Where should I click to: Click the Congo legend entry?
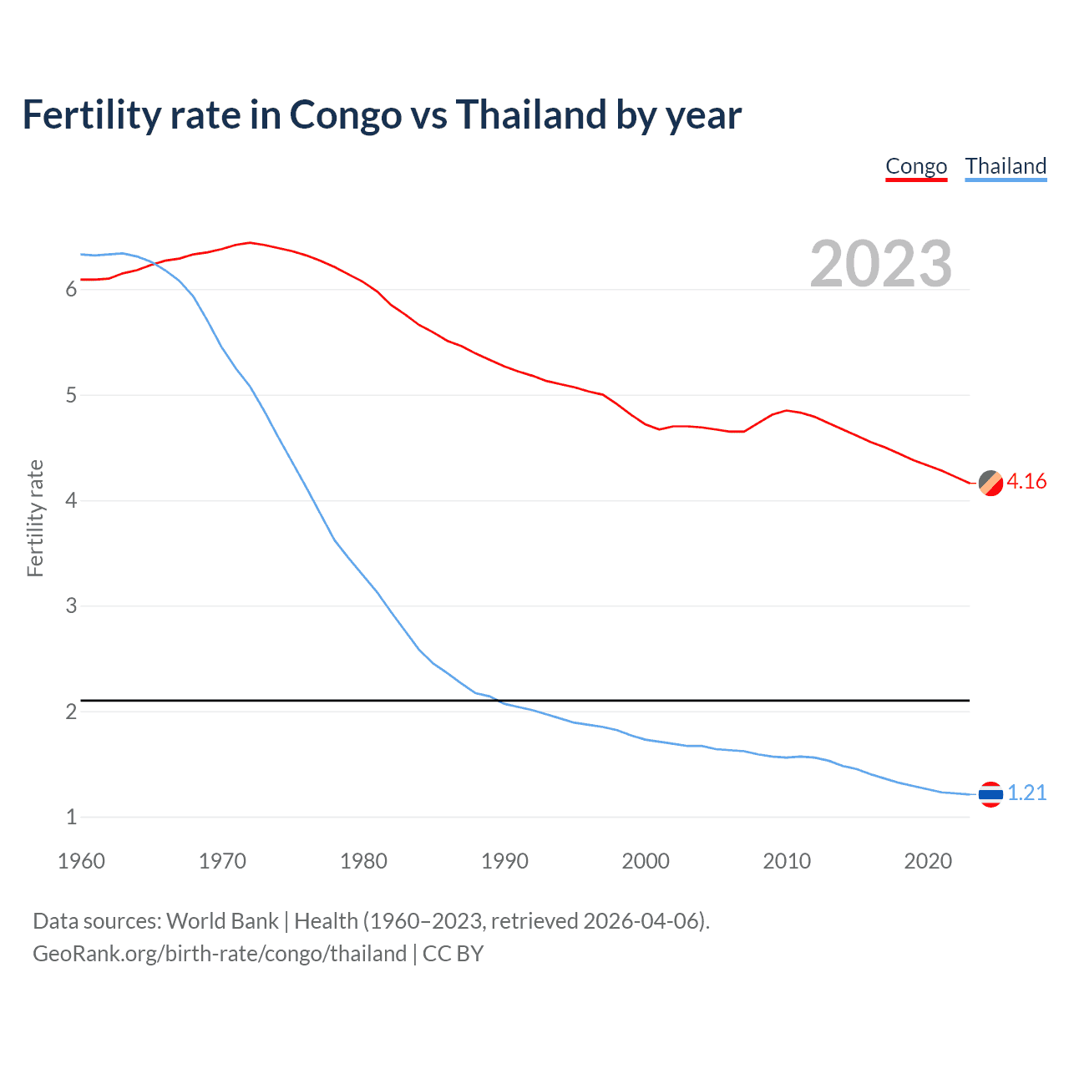[916, 166]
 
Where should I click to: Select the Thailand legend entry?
[1006, 166]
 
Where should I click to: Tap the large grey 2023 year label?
[880, 264]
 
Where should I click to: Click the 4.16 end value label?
[1026, 482]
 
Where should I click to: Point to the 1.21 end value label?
[1026, 793]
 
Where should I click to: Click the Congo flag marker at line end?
[990, 483]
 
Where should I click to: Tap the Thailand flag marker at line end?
[990, 794]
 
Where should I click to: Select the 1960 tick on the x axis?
[81, 861]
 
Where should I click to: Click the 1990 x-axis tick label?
[504, 861]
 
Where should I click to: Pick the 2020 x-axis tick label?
[928, 861]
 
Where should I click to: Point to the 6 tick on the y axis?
[71, 290]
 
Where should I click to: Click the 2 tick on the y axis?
[71, 712]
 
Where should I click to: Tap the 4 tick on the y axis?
[71, 501]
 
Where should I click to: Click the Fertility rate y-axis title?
[35, 518]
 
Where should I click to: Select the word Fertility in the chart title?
[91, 115]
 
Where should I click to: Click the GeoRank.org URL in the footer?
[219, 954]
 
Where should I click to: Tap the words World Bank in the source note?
[222, 921]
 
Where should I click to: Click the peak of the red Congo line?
[250, 242]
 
